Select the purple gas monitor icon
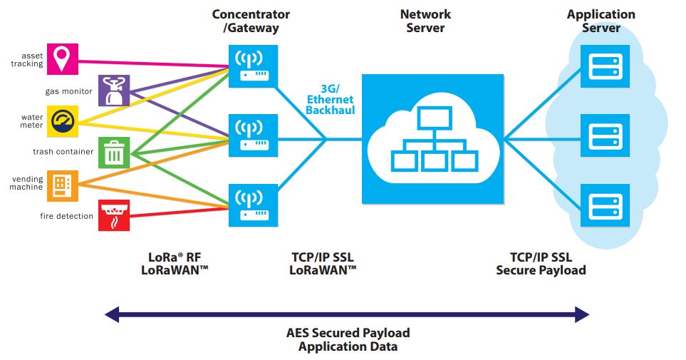click(114, 91)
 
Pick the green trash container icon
click(114, 152)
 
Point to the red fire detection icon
click(114, 215)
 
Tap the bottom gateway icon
click(253, 205)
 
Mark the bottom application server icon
click(602, 205)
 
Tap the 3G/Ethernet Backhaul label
click(331, 100)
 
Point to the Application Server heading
click(601, 21)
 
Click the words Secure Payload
click(541, 270)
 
